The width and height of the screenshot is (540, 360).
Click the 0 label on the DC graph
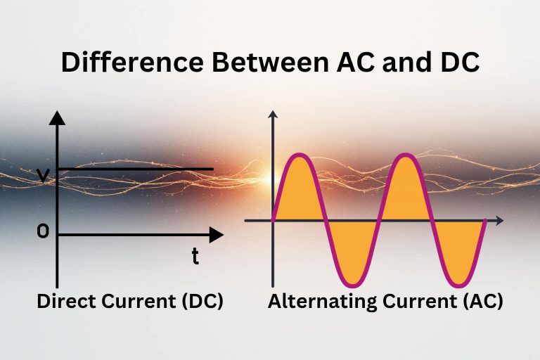[43, 232]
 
